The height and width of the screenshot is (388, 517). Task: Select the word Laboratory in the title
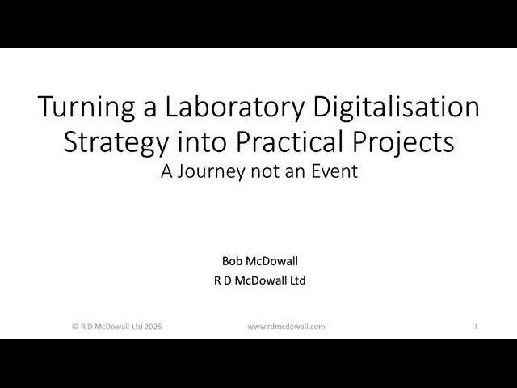(x=221, y=108)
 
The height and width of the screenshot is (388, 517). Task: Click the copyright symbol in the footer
(x=75, y=327)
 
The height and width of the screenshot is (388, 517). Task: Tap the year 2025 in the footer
(x=153, y=327)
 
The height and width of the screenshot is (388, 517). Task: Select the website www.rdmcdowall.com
(x=286, y=327)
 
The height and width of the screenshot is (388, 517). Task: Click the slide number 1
(x=477, y=327)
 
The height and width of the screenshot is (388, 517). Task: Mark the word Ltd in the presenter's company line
(x=296, y=281)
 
